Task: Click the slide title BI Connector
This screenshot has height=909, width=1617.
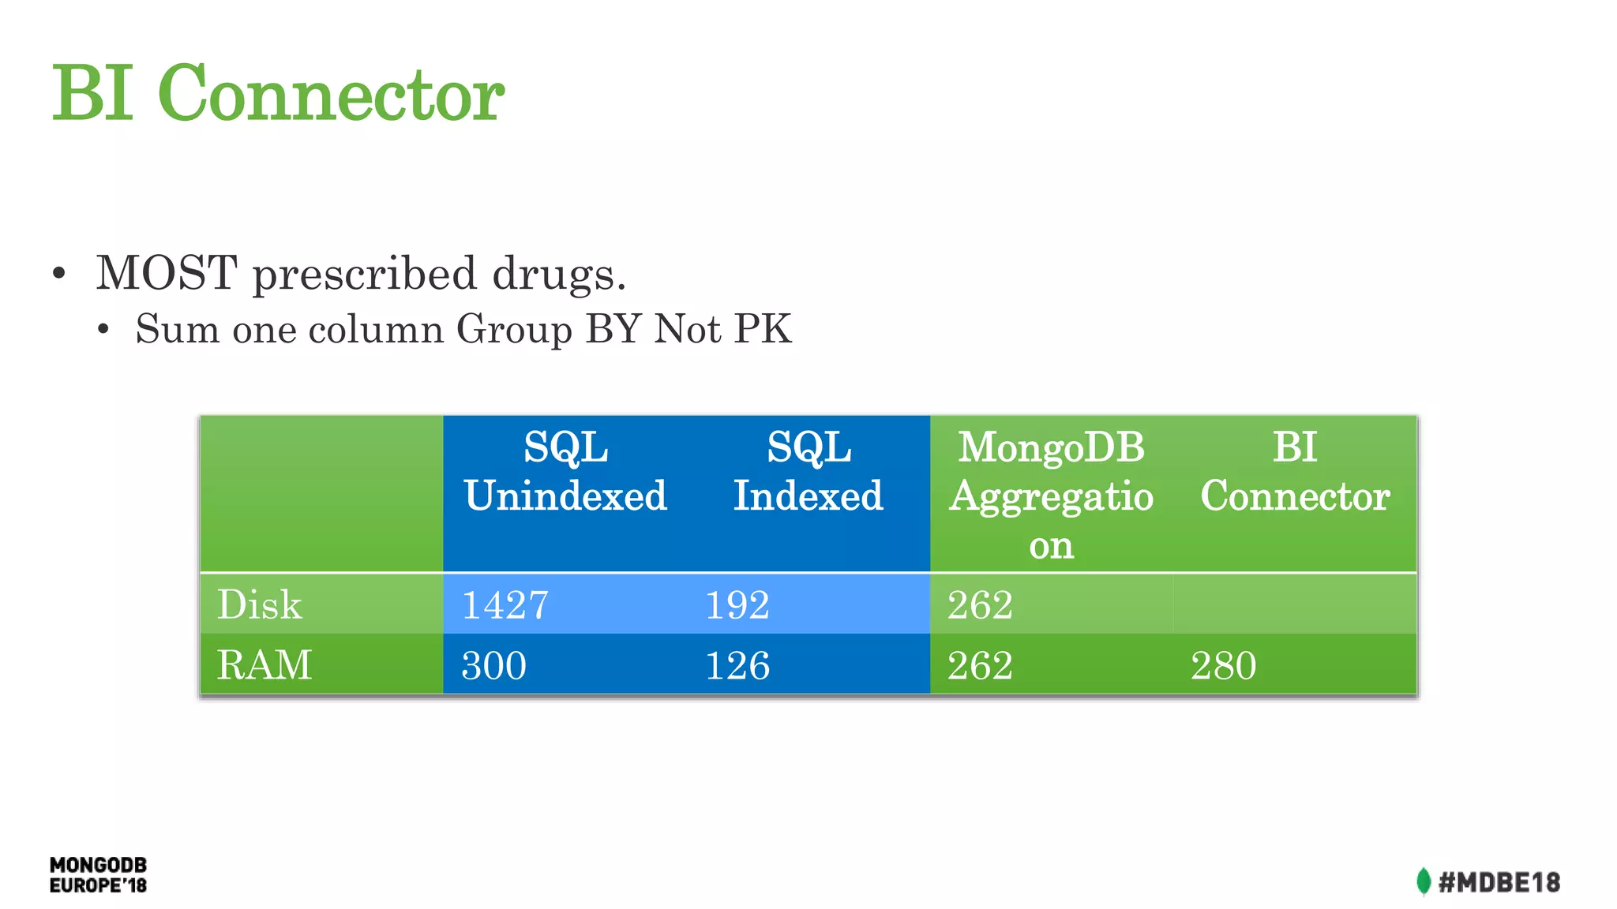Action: pos(278,93)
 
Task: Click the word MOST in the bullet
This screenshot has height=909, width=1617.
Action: pos(167,273)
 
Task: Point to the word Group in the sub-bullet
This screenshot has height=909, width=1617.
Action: pos(514,329)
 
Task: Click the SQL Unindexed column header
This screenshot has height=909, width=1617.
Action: pos(565,472)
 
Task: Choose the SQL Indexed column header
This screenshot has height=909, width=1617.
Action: pos(808,472)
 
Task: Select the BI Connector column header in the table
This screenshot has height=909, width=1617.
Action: pos(1295,472)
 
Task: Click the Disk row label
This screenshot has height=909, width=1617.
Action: pos(259,605)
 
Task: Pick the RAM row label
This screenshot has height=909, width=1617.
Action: pos(264,664)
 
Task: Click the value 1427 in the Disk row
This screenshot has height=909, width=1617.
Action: pos(505,605)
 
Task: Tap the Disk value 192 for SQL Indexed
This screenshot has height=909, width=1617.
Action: pos(737,605)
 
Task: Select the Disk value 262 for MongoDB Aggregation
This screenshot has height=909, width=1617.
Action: pos(980,605)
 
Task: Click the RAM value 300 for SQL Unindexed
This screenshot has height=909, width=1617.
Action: pos(493,665)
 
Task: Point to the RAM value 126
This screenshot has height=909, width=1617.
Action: pos(737,665)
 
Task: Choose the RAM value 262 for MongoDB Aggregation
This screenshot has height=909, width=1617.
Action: pos(980,665)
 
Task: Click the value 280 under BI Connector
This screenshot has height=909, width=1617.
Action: pos(1223,665)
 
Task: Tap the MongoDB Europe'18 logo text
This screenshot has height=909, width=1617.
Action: pos(98,875)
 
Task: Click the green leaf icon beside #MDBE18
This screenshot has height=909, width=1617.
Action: pos(1424,881)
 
